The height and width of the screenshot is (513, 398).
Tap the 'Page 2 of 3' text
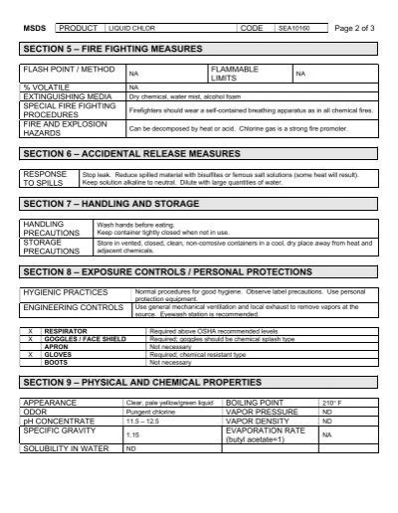click(353, 28)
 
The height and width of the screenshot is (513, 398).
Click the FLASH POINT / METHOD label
click(62, 71)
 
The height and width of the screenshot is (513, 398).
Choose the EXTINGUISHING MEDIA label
click(64, 95)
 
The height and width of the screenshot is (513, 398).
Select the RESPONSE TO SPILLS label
click(46, 179)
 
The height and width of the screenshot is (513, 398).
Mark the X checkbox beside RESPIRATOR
click(30, 331)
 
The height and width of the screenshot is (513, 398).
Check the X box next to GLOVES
click(30, 353)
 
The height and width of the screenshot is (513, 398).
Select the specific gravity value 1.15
click(131, 434)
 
